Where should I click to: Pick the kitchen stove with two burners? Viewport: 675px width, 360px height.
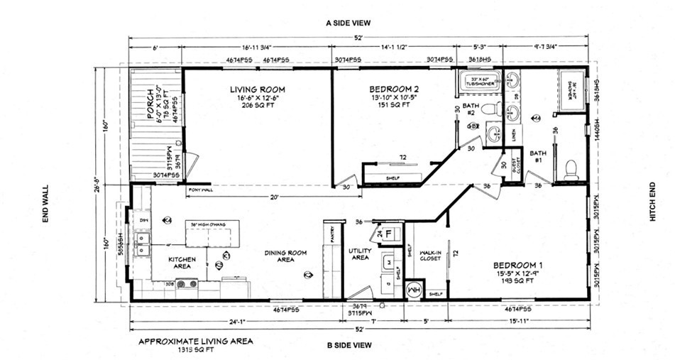(187, 283)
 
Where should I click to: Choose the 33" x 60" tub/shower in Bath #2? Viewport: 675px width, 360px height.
(477, 81)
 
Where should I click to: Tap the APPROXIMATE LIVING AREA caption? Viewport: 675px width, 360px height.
(195, 340)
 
